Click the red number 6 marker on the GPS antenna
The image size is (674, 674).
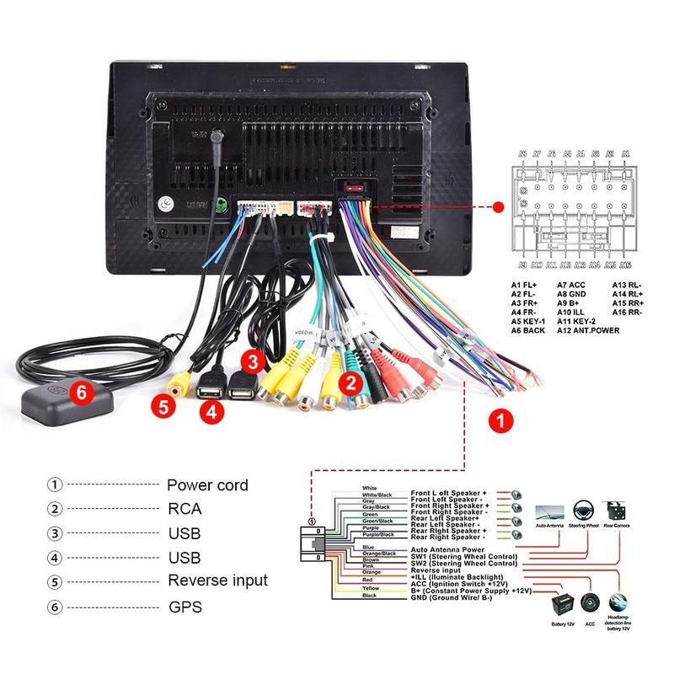tap(82, 391)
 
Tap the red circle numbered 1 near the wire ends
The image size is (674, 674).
tap(500, 419)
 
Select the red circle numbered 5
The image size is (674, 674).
tap(164, 407)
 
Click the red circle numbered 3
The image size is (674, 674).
tap(254, 362)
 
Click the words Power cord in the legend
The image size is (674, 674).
tap(207, 485)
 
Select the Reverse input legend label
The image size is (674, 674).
tap(217, 580)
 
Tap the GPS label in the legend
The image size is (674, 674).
tap(185, 606)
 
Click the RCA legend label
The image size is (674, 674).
tap(185, 509)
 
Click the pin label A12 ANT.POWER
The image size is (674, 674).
tap(587, 330)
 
